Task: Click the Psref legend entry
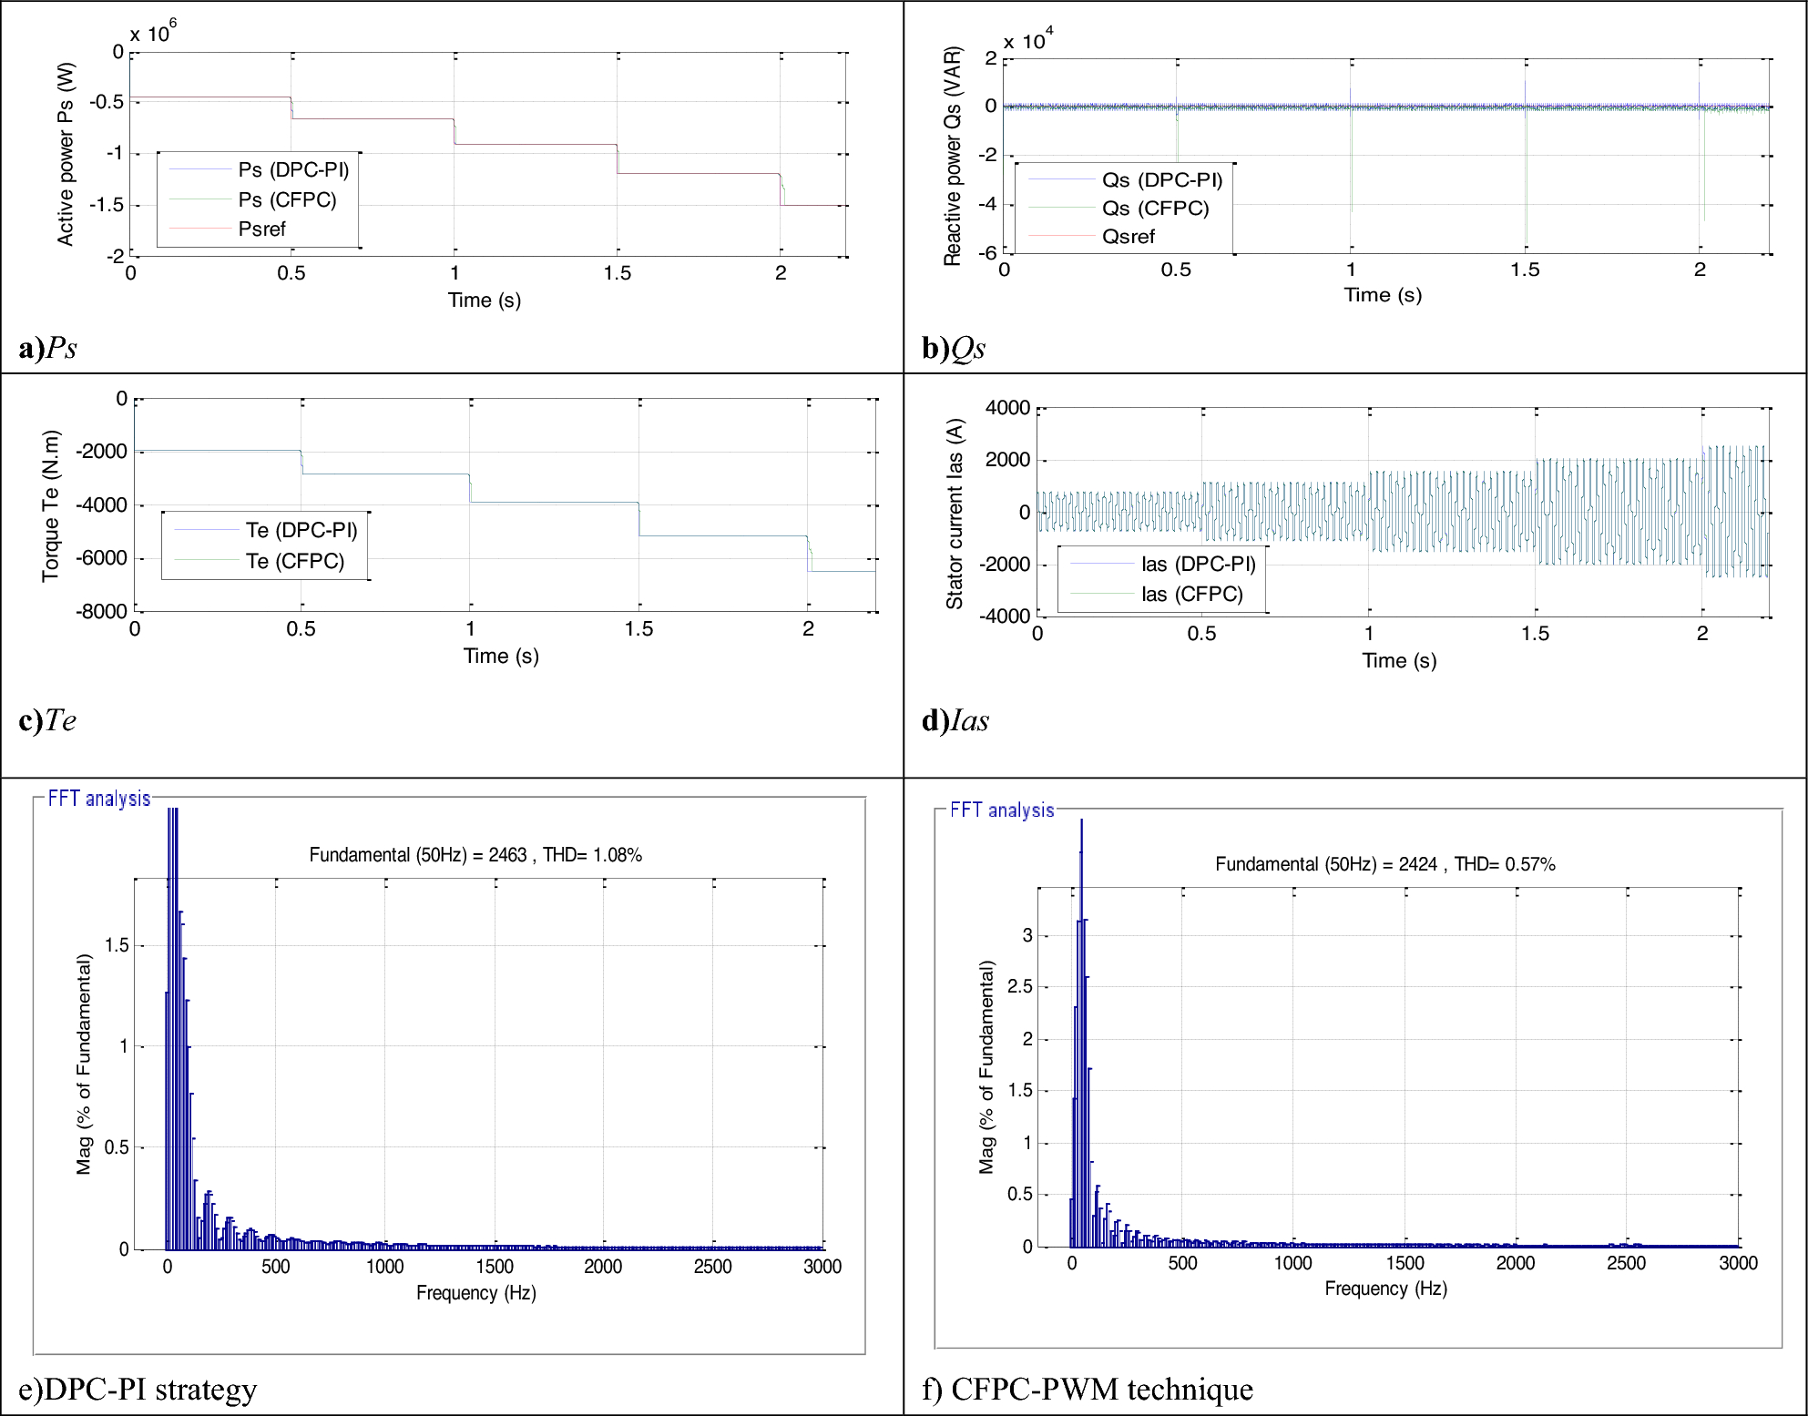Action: click(261, 229)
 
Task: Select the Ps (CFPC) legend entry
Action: click(287, 200)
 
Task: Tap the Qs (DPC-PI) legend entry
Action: click(1161, 180)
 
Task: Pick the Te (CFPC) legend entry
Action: click(294, 561)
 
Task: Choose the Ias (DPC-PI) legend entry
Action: click(1198, 565)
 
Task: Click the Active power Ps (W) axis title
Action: click(65, 154)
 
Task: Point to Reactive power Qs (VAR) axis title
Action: click(952, 156)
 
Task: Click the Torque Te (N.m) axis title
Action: click(50, 505)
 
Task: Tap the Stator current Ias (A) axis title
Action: click(954, 514)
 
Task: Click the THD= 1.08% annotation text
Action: click(592, 855)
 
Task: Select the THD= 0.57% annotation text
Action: click(1505, 864)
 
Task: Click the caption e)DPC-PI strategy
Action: click(138, 1390)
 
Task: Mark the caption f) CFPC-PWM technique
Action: click(1088, 1390)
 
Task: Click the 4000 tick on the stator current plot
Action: click(1007, 408)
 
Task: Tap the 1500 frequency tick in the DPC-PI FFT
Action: click(495, 1267)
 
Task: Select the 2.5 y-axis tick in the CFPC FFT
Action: click(1020, 987)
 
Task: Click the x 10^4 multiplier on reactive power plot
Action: click(1027, 41)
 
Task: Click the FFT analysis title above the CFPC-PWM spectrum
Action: click(1002, 810)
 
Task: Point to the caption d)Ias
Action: click(955, 720)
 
